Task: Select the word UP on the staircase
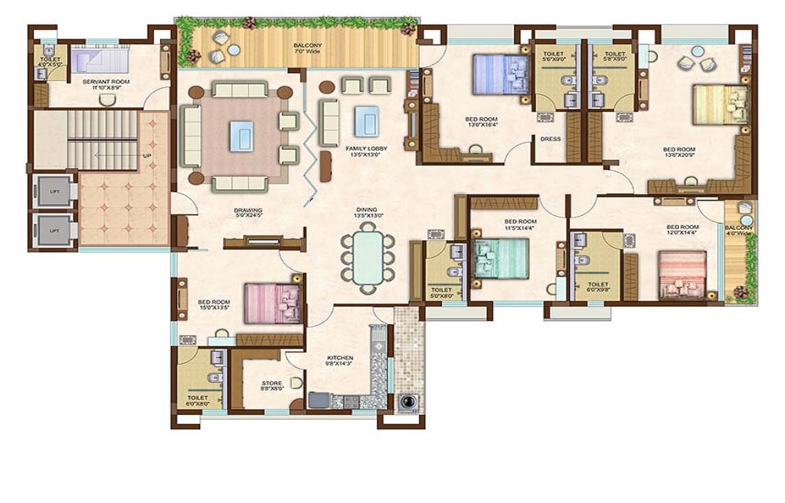tap(147, 155)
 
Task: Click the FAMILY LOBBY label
tap(362, 148)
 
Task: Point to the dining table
tap(367, 257)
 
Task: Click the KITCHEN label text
tap(340, 358)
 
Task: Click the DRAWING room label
tap(247, 210)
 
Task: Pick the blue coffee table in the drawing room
tap(241, 136)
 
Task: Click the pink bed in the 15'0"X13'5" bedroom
tap(272, 303)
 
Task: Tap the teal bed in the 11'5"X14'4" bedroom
tap(502, 258)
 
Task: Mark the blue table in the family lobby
tap(366, 122)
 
